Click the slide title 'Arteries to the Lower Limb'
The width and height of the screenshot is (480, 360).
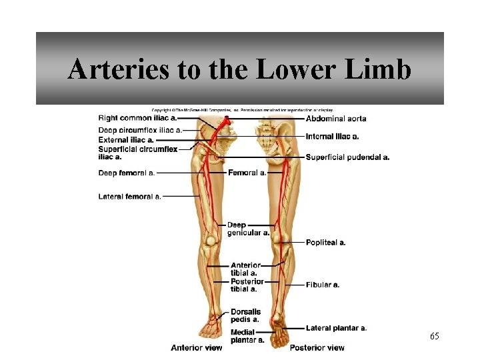pos(239,69)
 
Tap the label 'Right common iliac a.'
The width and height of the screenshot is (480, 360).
pos(137,118)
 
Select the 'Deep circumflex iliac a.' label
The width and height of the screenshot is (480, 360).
pos(139,129)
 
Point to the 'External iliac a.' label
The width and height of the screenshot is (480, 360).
pos(126,140)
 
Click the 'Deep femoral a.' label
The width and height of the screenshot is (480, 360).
pos(127,173)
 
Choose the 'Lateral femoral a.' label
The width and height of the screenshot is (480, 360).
pos(129,197)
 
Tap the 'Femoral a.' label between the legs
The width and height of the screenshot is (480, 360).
pos(247,173)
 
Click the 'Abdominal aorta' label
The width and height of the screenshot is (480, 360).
pos(336,119)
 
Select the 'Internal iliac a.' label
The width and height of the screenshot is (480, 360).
pos(332,136)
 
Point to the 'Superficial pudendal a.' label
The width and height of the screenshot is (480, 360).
pos(347,157)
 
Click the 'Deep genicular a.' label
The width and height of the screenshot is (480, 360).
pos(247,229)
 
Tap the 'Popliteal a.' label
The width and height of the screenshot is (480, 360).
pos(325,243)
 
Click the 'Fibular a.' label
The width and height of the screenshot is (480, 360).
pos(323,285)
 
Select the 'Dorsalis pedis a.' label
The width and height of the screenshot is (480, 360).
pos(245,315)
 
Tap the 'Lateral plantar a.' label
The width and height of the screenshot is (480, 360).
pos(336,328)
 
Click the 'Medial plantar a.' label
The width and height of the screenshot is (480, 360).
pos(247,336)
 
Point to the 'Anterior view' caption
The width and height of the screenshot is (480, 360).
pos(196,347)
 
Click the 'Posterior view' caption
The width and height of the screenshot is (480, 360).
pos(317,347)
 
